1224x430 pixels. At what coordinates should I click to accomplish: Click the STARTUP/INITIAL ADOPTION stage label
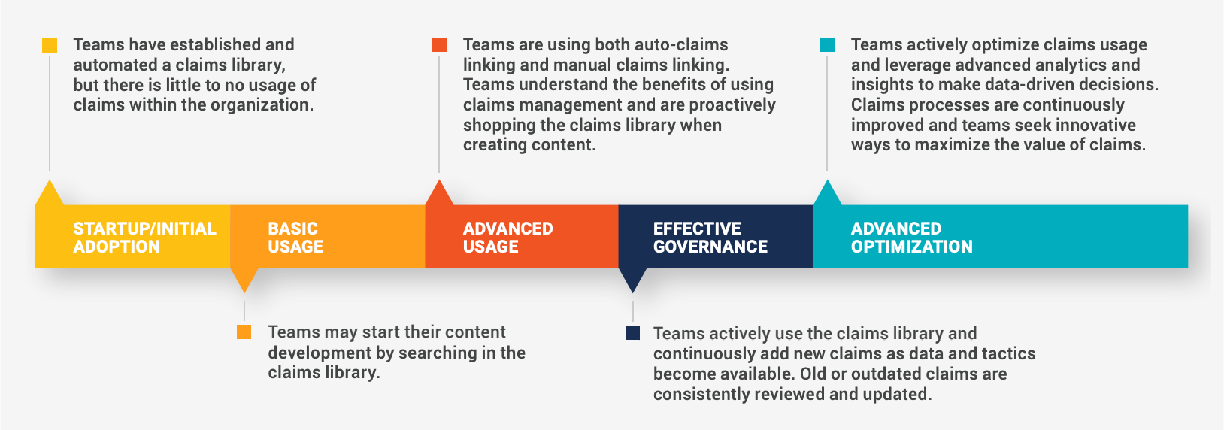click(144, 238)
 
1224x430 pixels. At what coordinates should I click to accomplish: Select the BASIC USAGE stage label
click(295, 238)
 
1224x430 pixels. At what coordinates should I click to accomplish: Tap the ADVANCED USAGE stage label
click(507, 238)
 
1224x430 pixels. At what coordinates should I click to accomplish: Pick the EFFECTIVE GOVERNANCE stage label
click(710, 238)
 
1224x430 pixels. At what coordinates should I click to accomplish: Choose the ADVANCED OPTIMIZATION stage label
click(911, 238)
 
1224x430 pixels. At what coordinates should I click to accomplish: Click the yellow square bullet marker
click(50, 45)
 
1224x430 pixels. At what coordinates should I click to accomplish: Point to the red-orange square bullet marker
click(440, 45)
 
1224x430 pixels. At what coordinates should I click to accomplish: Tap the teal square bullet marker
click(827, 45)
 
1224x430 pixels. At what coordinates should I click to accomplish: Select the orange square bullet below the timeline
click(244, 332)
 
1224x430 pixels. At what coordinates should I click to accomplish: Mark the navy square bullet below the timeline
click(633, 333)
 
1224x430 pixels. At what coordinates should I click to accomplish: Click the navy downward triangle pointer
click(633, 279)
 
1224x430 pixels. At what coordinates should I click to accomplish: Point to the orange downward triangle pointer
click(244, 279)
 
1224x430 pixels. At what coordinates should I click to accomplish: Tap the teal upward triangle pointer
click(827, 194)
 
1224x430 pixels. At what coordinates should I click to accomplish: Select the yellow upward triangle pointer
click(50, 194)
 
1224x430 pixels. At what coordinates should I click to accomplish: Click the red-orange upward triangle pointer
click(440, 194)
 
